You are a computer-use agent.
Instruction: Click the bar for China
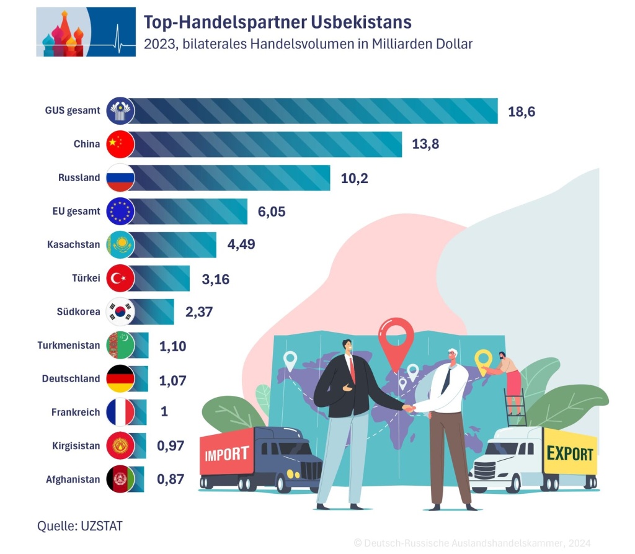pyautogui.click(x=267, y=144)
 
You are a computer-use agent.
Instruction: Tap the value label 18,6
pyautogui.click(x=521, y=112)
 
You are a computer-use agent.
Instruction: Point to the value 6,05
pyautogui.click(x=272, y=211)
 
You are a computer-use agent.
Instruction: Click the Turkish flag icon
pyautogui.click(x=120, y=278)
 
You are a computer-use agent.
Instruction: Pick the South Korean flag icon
pyautogui.click(x=120, y=311)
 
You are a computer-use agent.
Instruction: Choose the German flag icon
pyautogui.click(x=120, y=378)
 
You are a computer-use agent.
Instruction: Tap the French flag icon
pyautogui.click(x=120, y=412)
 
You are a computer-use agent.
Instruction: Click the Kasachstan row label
pyautogui.click(x=73, y=244)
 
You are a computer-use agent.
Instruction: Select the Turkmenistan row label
pyautogui.click(x=68, y=345)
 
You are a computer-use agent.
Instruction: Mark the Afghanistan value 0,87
pyautogui.click(x=172, y=479)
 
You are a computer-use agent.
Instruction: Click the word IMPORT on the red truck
pyautogui.click(x=227, y=453)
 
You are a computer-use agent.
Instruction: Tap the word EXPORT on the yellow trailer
pyautogui.click(x=569, y=453)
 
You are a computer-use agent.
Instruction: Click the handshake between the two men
pyautogui.click(x=409, y=408)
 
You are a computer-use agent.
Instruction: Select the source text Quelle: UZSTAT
pyautogui.click(x=80, y=526)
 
